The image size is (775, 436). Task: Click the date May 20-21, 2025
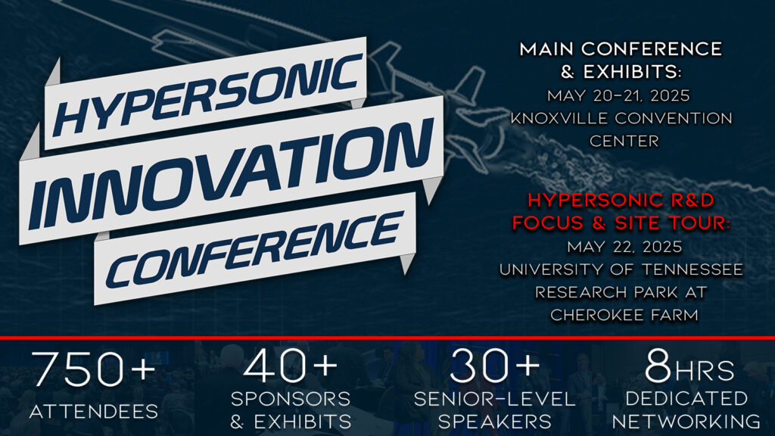click(618, 95)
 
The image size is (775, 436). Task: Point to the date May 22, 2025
click(624, 247)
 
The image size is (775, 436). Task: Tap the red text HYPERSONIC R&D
click(621, 200)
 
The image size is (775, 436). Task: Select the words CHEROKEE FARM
click(624, 315)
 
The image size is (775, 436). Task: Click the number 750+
click(93, 369)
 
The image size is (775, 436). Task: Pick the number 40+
click(290, 366)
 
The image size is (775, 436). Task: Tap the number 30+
click(495, 366)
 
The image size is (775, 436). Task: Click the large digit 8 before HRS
click(658, 367)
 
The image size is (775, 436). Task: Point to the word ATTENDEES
click(93, 411)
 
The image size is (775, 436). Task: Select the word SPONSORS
click(291, 398)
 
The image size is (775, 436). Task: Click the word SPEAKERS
click(495, 422)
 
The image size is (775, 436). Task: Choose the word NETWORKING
click(686, 422)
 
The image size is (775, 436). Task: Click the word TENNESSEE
click(693, 269)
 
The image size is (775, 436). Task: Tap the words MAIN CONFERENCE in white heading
click(621, 49)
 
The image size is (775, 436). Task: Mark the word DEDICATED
click(686, 398)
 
